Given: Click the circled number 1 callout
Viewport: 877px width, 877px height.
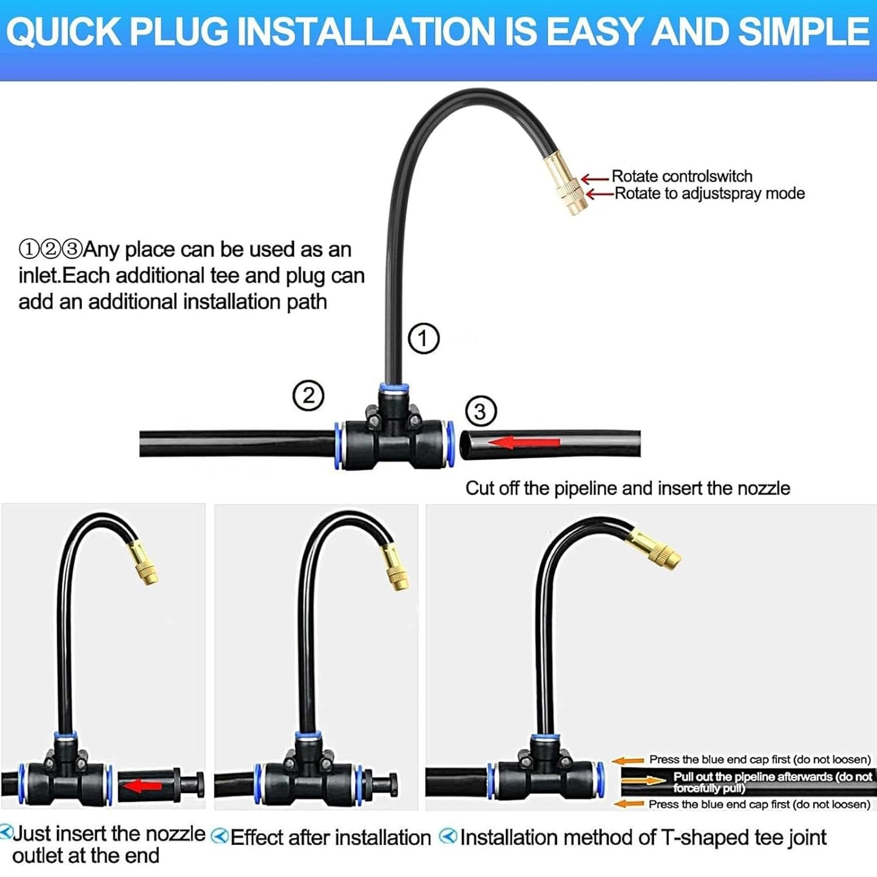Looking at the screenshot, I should click(423, 338).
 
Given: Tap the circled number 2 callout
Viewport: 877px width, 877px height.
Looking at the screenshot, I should click(308, 396).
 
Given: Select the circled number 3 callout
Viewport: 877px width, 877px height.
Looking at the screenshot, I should click(480, 411).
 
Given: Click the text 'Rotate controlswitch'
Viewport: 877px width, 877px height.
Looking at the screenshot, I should click(682, 176).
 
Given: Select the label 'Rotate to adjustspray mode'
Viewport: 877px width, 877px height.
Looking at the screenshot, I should click(709, 194).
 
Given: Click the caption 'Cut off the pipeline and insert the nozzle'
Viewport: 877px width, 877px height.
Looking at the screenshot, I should click(628, 489).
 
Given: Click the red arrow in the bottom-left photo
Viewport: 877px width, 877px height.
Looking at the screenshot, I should click(142, 787).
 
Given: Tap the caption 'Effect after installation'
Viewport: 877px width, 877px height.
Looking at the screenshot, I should click(330, 838).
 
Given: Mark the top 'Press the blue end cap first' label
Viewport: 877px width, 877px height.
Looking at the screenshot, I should click(759, 759).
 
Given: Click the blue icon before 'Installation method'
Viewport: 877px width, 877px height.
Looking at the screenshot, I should click(447, 836).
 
